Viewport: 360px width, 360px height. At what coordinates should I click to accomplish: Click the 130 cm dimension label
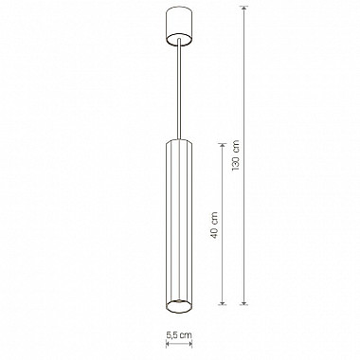point(236,155)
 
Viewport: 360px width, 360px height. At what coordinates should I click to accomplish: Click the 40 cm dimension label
point(214,225)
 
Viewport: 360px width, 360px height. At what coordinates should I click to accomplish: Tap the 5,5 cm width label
point(179,335)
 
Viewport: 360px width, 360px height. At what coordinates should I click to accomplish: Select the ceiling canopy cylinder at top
point(179,25)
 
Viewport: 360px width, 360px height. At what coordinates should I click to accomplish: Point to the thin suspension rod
point(179,89)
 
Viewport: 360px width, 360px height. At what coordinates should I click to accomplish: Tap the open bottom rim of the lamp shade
point(179,306)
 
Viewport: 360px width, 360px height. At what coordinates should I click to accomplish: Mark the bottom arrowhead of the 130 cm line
point(243,302)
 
